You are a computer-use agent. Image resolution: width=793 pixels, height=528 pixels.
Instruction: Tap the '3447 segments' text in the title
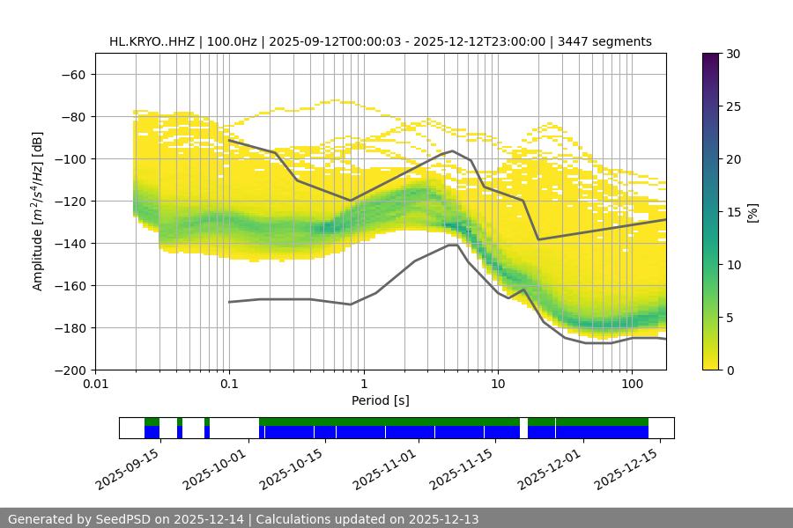tap(605, 41)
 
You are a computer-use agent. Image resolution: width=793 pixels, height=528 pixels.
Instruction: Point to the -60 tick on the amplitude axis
tap(72, 74)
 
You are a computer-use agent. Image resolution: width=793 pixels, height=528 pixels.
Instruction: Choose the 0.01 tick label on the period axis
tap(95, 384)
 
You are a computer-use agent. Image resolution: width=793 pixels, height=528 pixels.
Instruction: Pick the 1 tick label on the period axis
tap(364, 384)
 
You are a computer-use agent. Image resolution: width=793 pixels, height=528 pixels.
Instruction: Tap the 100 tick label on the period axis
tap(632, 384)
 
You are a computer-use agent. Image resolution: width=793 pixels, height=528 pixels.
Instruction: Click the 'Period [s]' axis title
tap(381, 400)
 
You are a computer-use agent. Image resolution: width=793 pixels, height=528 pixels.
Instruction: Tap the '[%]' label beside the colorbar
tap(753, 211)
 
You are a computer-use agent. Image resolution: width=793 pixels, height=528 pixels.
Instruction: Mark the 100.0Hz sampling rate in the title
tap(237, 41)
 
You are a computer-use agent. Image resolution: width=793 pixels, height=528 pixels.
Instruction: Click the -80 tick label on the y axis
tap(72, 116)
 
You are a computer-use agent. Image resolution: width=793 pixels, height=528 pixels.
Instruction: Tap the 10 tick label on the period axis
tap(498, 384)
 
